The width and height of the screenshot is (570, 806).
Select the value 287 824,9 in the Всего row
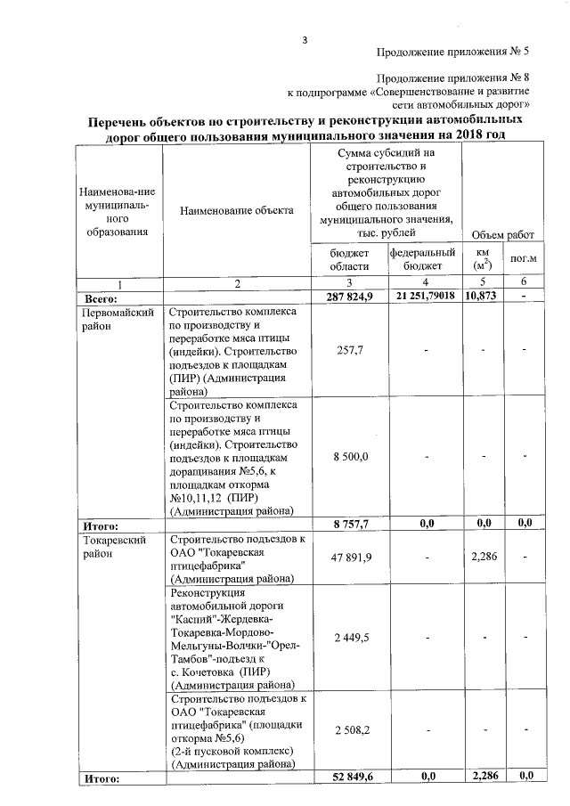348,295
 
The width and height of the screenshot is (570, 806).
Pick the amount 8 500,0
350,457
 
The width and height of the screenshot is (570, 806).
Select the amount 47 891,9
349,558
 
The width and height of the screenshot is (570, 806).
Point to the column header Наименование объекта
236,211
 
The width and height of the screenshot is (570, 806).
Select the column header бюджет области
349,259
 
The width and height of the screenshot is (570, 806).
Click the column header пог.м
524,260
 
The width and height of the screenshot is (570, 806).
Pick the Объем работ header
501,234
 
